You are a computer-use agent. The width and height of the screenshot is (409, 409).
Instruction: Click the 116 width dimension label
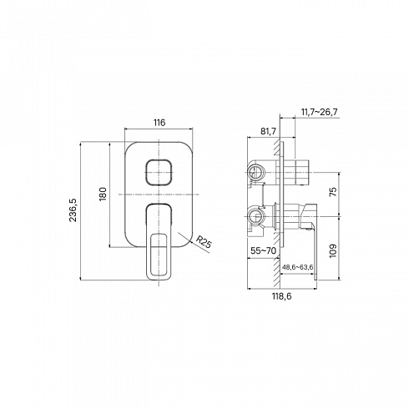(x=159, y=123)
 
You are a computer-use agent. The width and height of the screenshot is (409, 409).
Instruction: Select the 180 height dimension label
(x=103, y=194)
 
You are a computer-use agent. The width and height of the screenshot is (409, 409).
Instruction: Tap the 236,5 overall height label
(x=73, y=210)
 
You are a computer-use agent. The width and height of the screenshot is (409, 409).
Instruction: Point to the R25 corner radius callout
(x=204, y=242)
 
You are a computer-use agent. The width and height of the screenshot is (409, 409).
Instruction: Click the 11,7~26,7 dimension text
(x=320, y=112)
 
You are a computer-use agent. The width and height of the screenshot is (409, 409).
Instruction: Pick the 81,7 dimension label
(x=268, y=131)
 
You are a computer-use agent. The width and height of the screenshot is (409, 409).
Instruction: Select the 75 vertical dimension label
(x=333, y=192)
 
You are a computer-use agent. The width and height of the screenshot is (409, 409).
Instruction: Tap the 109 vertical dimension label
(x=333, y=251)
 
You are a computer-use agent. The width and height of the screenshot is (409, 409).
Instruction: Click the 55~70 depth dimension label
(x=264, y=250)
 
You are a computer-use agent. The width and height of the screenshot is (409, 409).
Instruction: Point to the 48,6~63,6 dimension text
(x=298, y=267)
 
